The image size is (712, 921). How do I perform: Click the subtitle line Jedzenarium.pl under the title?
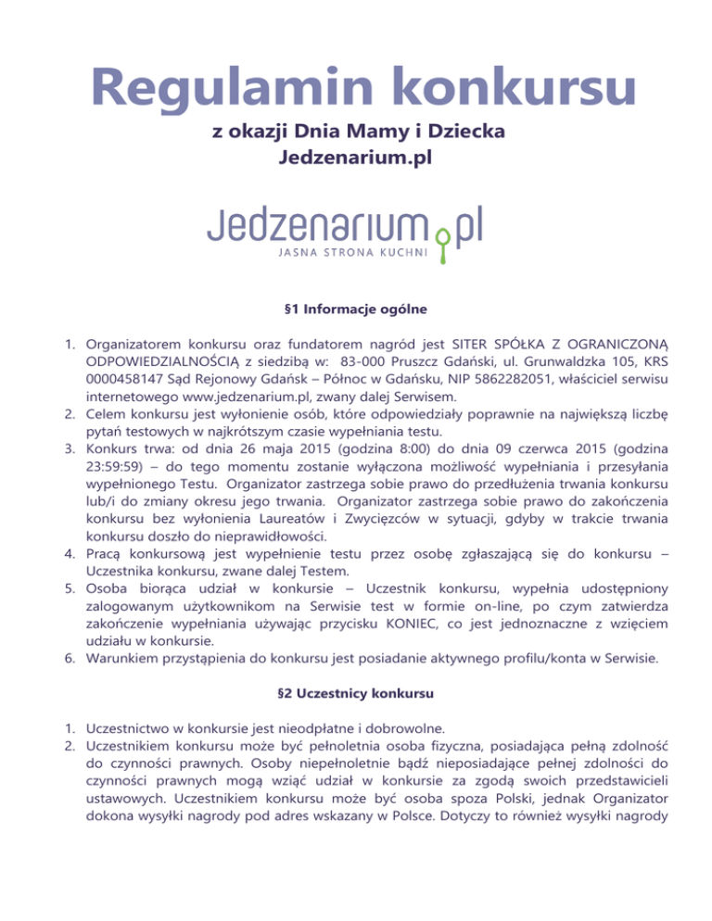(356, 158)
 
